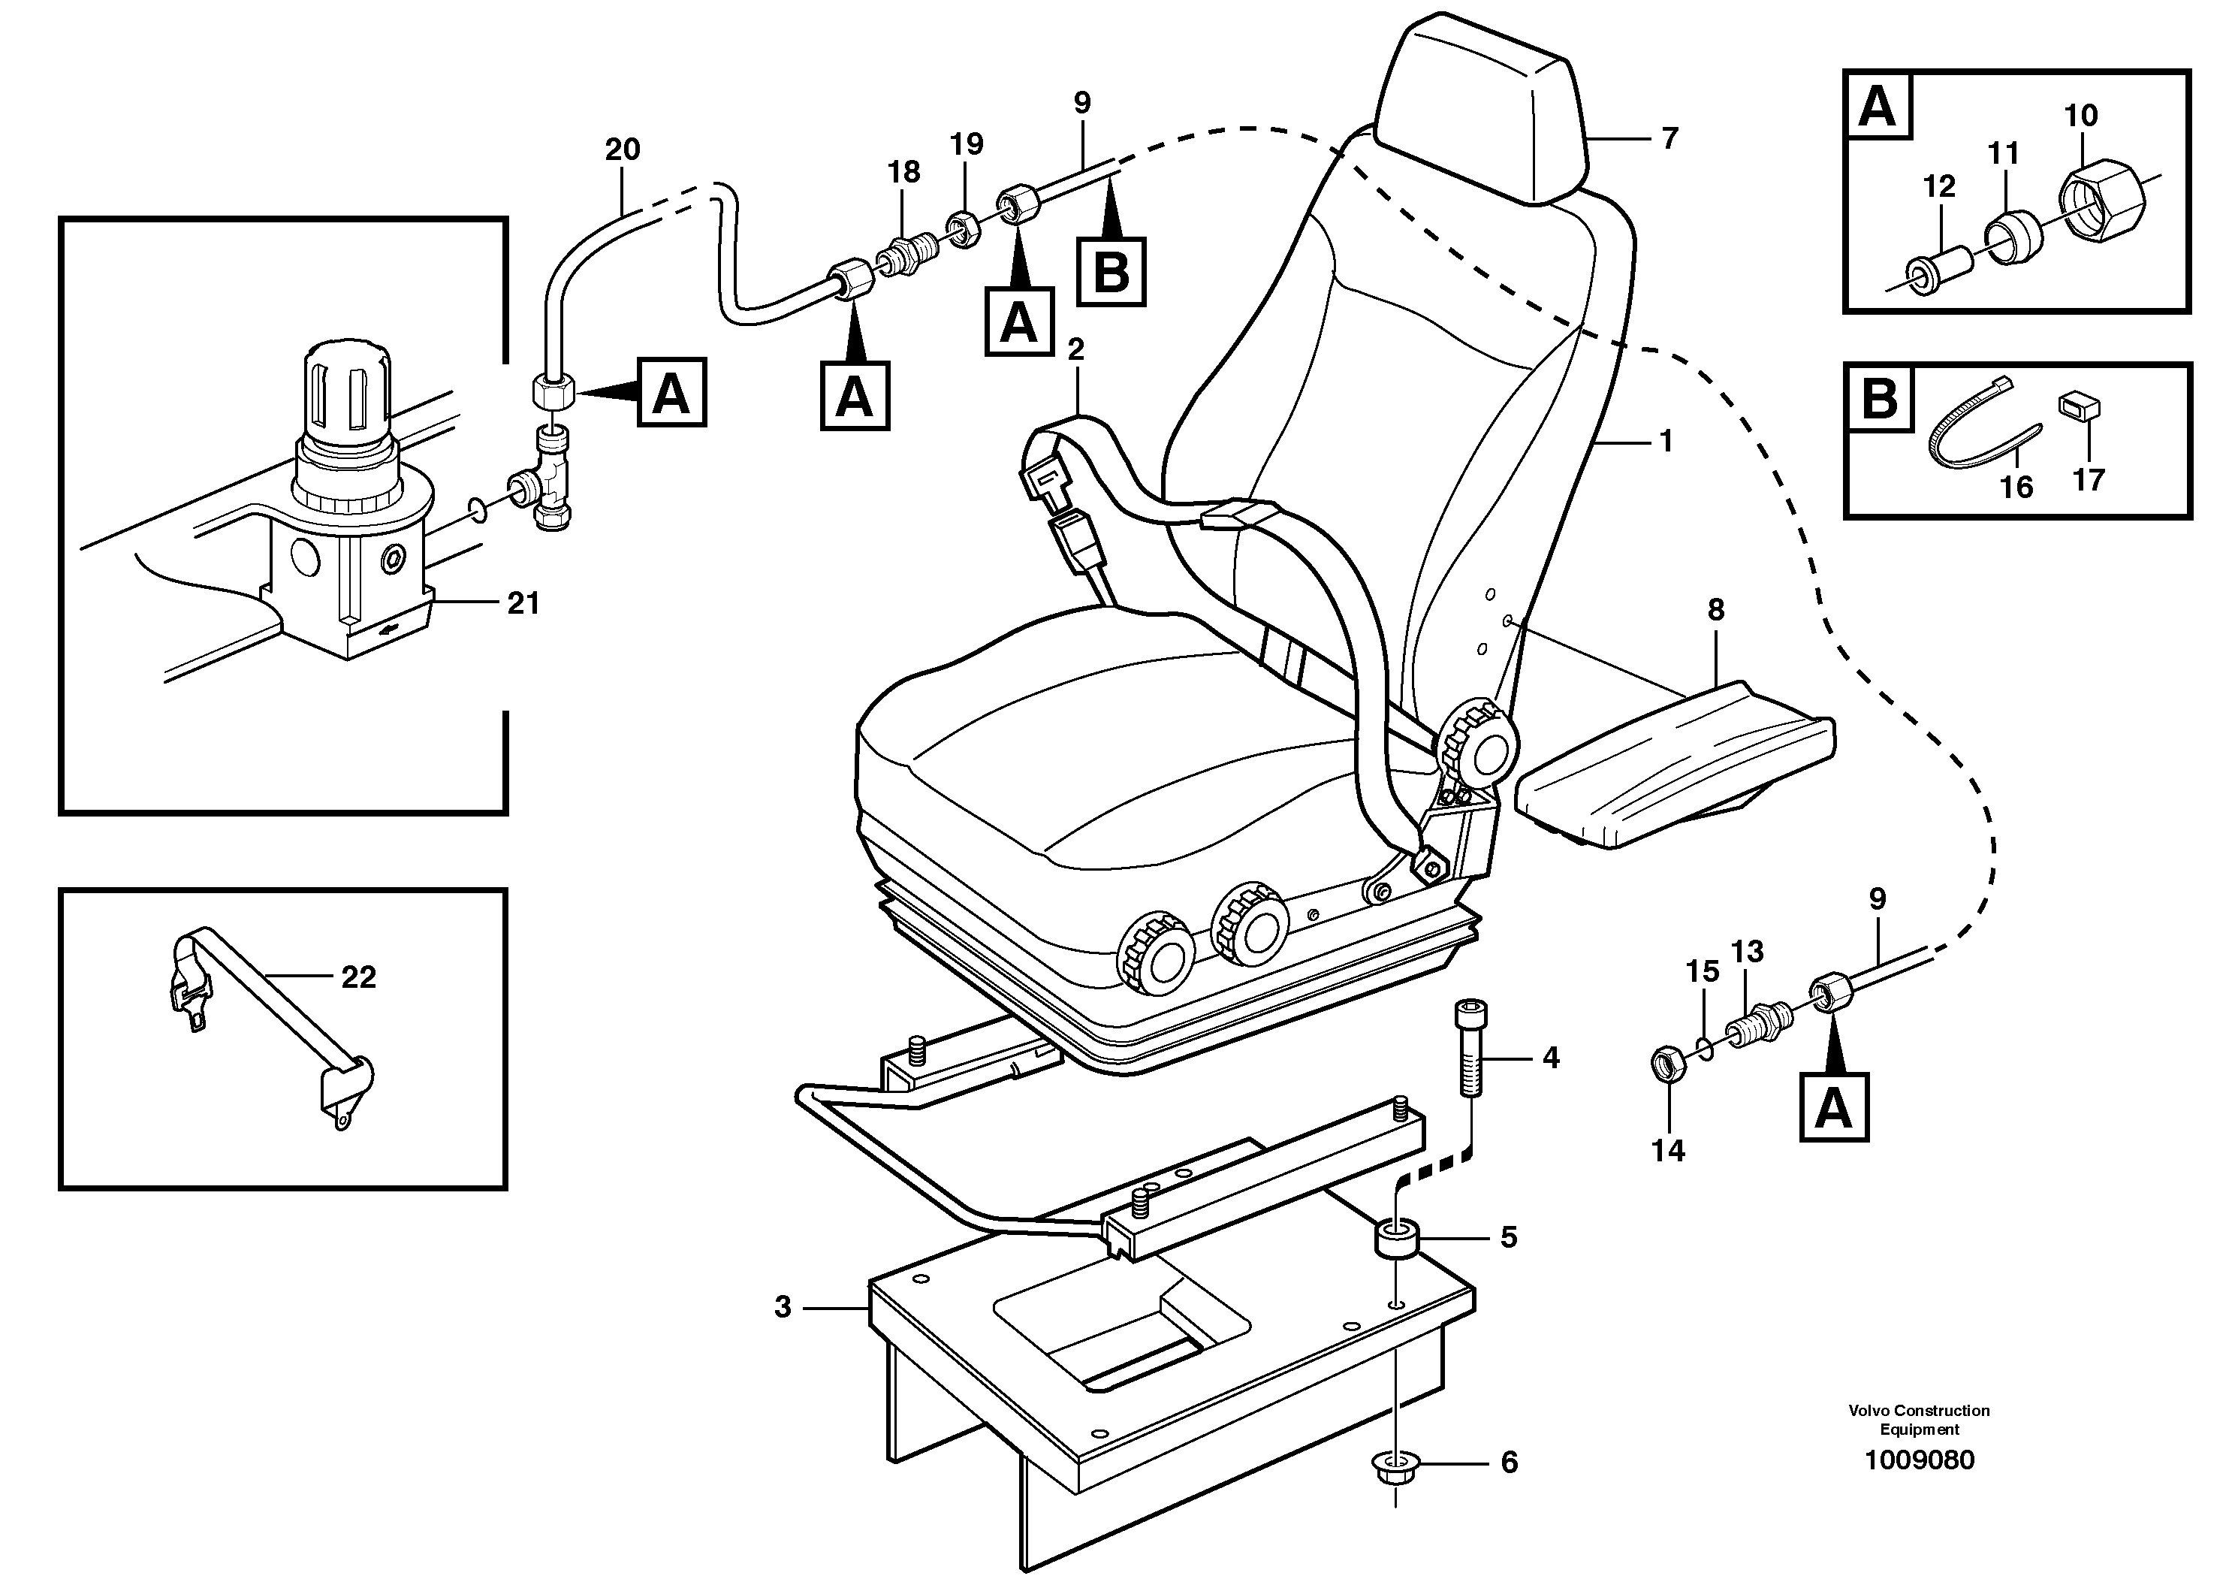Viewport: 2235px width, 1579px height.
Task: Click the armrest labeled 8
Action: [x=1674, y=769]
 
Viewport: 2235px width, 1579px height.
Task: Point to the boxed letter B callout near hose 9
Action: [x=1111, y=273]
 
